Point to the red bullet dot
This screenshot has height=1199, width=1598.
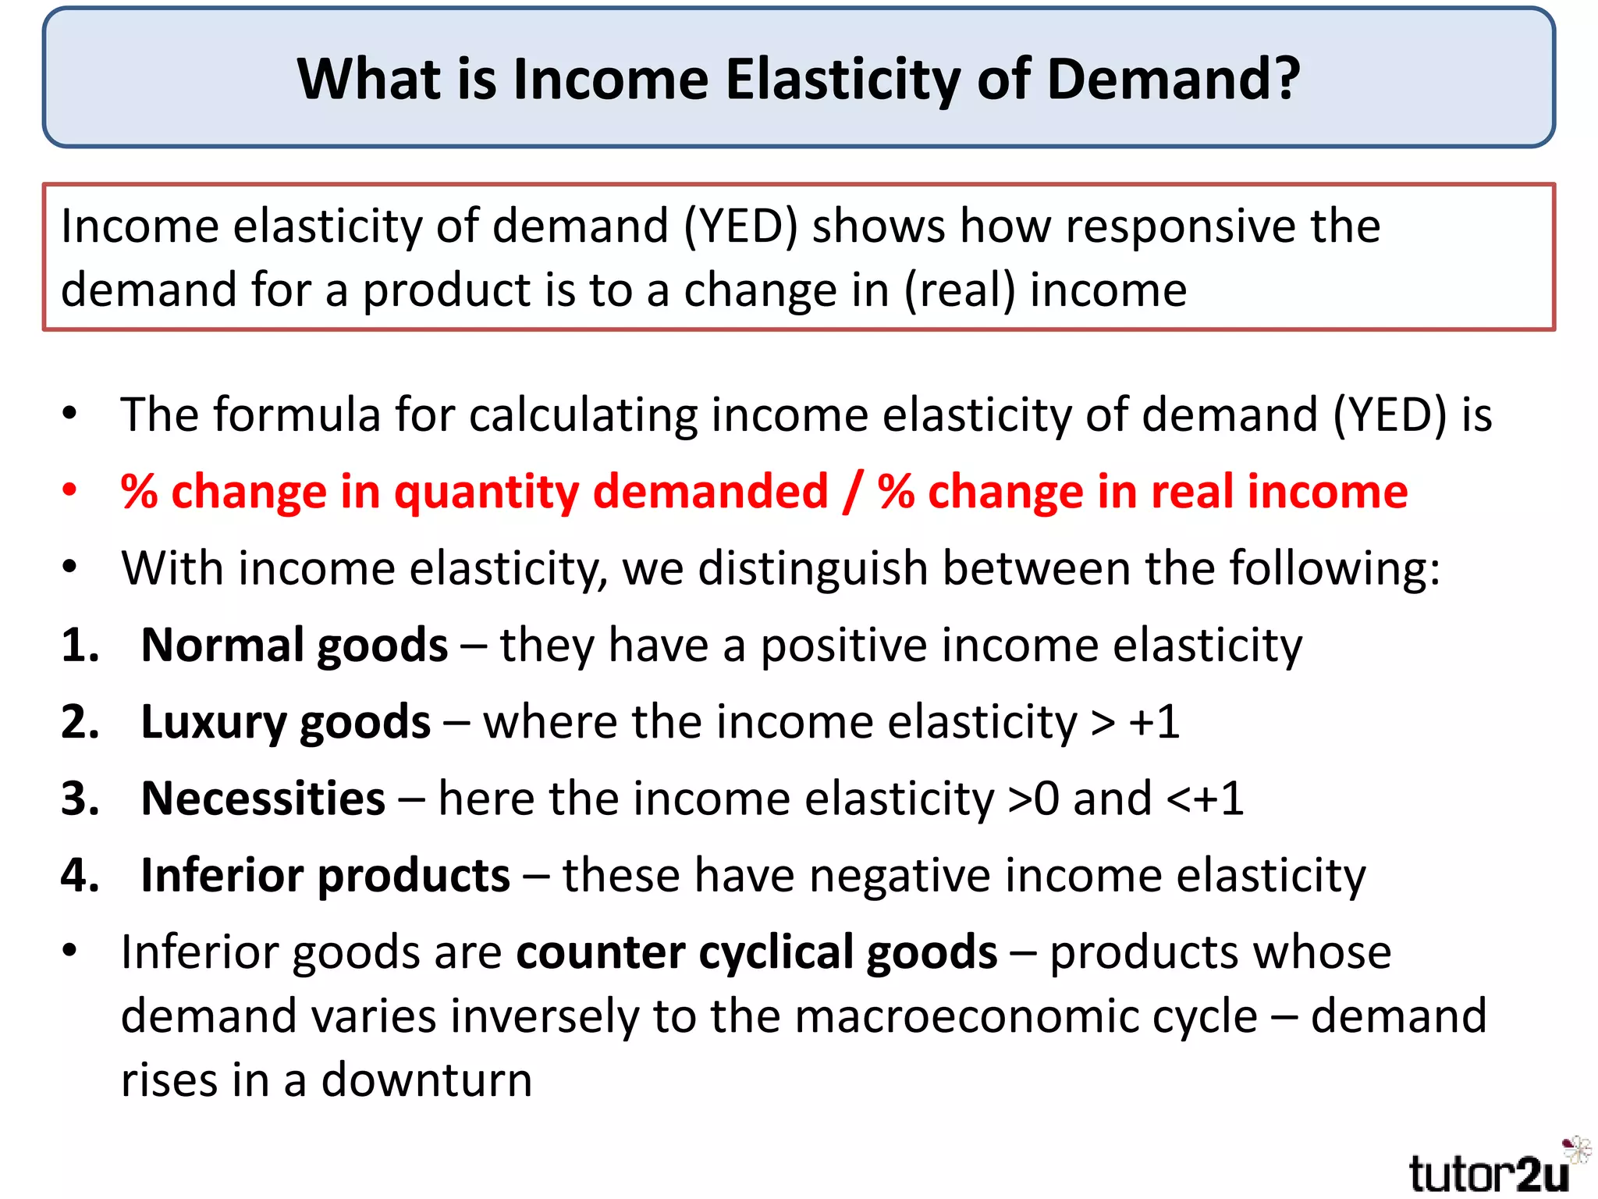(70, 491)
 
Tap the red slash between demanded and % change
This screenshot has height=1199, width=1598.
(853, 492)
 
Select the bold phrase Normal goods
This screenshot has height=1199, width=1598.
(294, 646)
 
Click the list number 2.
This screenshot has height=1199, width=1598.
(80, 722)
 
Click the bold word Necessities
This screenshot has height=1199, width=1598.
(263, 799)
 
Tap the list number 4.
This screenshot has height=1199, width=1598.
(80, 875)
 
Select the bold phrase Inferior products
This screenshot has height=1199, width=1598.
(325, 876)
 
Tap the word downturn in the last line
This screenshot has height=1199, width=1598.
(427, 1080)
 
